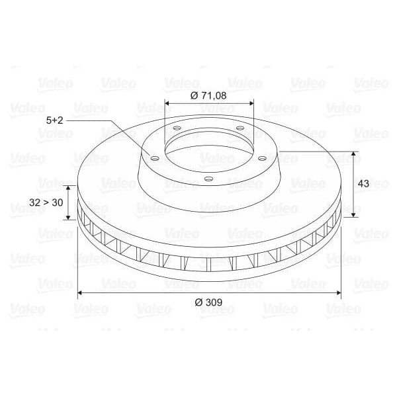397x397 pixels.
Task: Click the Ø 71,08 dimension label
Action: [x=208, y=95]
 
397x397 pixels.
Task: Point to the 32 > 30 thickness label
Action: [x=47, y=203]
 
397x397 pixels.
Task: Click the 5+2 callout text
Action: [x=56, y=120]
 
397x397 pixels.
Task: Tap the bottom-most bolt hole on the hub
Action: [x=208, y=179]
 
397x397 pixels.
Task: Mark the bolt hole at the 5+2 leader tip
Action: [x=154, y=158]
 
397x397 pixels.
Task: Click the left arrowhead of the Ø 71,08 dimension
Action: [x=167, y=103]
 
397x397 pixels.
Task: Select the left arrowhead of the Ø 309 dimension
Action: [x=81, y=292]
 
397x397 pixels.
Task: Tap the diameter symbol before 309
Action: [x=198, y=302]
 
